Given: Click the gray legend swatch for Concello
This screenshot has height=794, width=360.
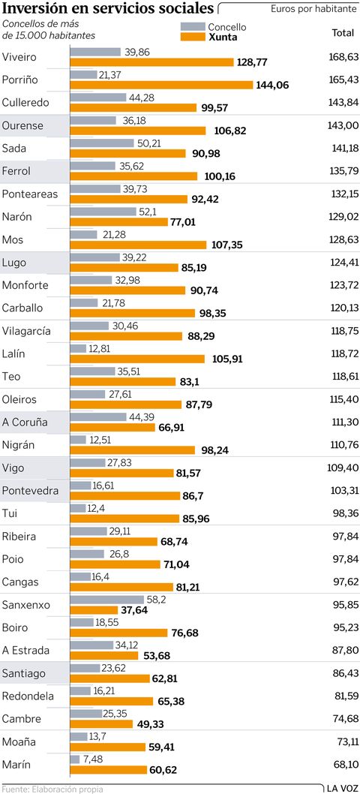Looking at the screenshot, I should [193, 27].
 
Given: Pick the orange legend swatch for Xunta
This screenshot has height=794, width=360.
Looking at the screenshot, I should [193, 37].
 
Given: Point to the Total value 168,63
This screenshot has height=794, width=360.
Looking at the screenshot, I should [343, 57].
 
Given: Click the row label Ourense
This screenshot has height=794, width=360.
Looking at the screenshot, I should [23, 125].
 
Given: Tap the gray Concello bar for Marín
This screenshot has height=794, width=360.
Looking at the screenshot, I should [74, 759].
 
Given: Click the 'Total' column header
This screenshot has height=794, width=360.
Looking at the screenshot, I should [343, 33].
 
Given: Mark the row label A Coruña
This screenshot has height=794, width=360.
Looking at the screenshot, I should [25, 423].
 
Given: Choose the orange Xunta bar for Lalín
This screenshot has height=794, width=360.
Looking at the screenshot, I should [137, 359].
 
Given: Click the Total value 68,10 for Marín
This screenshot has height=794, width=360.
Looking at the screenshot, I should [343, 765].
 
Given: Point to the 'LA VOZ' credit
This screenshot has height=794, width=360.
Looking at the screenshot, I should [341, 788].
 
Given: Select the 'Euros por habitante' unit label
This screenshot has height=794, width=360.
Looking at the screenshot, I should [313, 10].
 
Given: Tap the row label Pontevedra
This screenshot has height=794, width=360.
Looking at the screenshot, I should [30, 491].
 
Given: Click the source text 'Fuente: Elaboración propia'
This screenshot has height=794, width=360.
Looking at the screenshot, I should [52, 789].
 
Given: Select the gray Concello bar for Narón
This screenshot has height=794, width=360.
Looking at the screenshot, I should [103, 212].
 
